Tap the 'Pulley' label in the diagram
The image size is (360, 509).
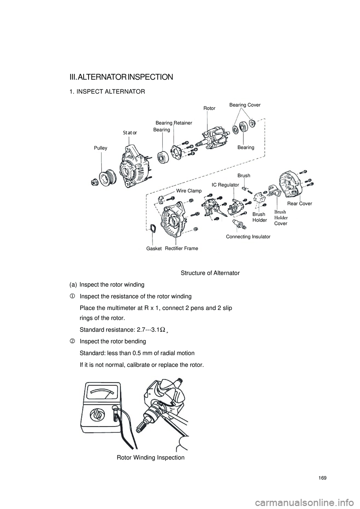(100, 148)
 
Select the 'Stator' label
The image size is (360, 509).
(130, 133)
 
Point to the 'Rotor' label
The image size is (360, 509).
(209, 108)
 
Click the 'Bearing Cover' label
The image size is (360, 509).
(244, 105)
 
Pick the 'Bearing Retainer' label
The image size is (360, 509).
(174, 123)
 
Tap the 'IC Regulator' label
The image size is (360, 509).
(225, 185)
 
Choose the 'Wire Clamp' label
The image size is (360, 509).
(189, 191)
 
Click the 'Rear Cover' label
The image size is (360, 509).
(300, 204)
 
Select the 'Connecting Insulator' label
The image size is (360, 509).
(248, 237)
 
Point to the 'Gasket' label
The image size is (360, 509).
(154, 249)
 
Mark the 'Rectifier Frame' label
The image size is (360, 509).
(181, 249)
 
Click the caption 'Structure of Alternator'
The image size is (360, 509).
(210, 273)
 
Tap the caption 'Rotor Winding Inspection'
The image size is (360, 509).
(150, 458)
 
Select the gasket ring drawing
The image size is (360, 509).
(153, 228)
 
